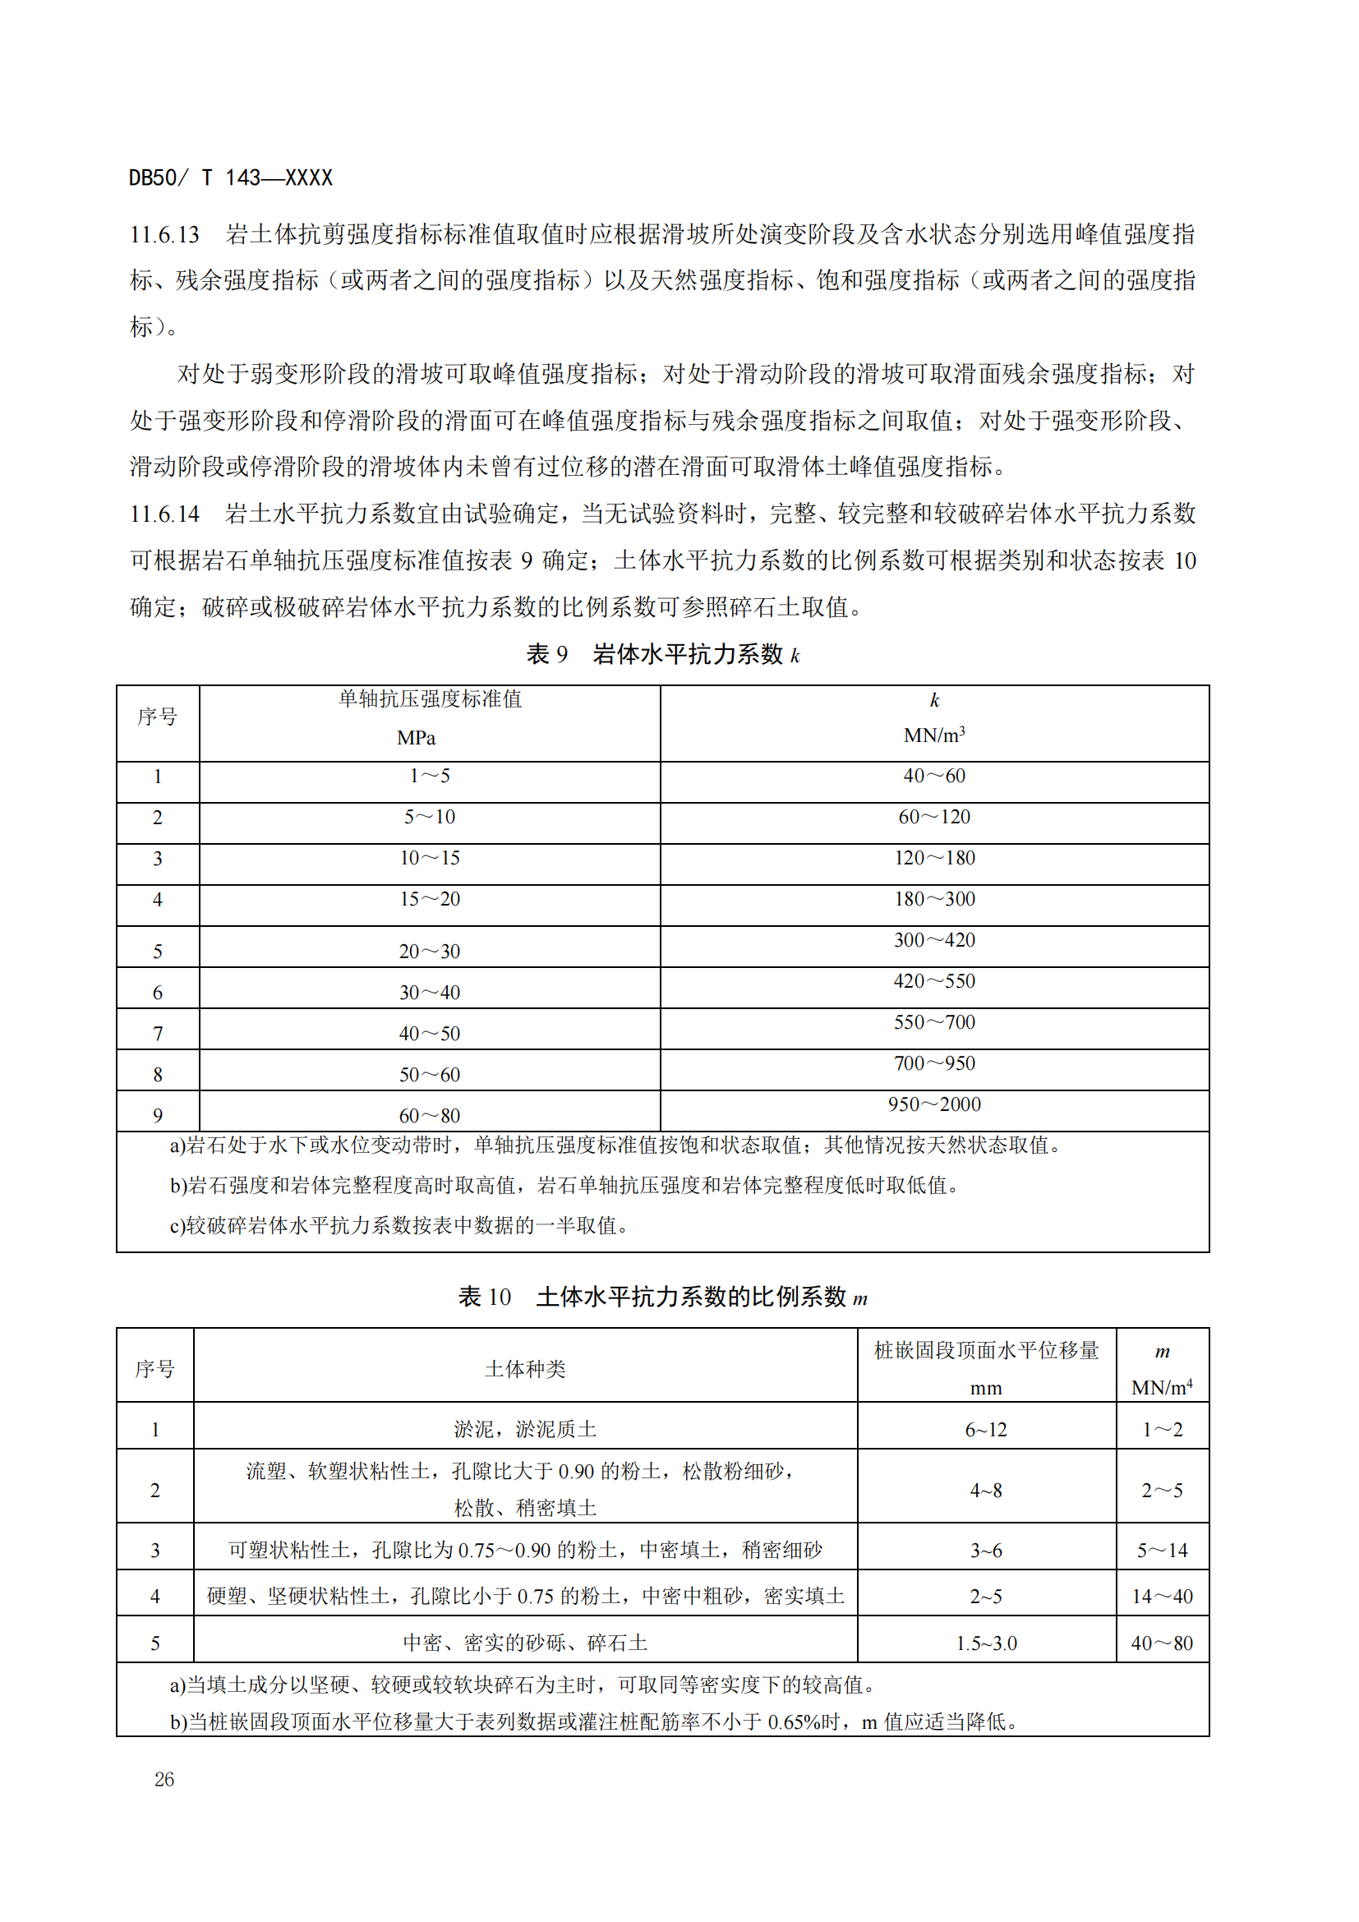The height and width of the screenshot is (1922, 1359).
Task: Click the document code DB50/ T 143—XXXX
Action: [x=230, y=177]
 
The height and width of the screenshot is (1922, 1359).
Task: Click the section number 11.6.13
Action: [x=165, y=234]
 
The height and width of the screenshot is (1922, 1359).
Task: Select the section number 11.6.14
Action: [x=165, y=514]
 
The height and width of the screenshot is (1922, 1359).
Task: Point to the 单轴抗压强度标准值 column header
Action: [x=429, y=699]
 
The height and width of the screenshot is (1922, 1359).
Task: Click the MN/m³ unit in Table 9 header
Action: [x=934, y=735]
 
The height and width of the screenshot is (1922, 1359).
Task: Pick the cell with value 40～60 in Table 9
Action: [x=934, y=776]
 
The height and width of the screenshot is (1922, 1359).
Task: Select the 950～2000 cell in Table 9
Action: [x=934, y=1104]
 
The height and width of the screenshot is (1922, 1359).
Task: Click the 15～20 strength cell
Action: [x=429, y=899]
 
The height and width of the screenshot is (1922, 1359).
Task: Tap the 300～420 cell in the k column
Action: [x=934, y=940]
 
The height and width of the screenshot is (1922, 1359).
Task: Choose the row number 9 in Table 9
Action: [x=157, y=1116]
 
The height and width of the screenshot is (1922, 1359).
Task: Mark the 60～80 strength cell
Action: [x=429, y=1116]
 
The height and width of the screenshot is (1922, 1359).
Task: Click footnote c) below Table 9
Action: [x=398, y=1225]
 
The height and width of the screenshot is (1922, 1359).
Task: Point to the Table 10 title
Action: [x=663, y=1297]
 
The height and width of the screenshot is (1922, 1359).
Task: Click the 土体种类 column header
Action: [x=525, y=1369]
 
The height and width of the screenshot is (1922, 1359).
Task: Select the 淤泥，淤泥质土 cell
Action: [x=525, y=1429]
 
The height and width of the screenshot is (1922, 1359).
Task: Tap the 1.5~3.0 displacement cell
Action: [x=986, y=1643]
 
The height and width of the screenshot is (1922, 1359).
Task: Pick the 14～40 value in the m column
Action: [x=1162, y=1597]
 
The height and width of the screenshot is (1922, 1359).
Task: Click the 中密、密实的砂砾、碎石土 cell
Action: [x=525, y=1643]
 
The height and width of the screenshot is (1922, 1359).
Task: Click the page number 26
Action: [x=164, y=1780]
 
